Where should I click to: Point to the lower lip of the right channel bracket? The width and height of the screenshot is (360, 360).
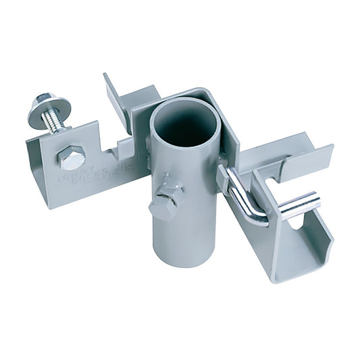[x=297, y=270]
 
